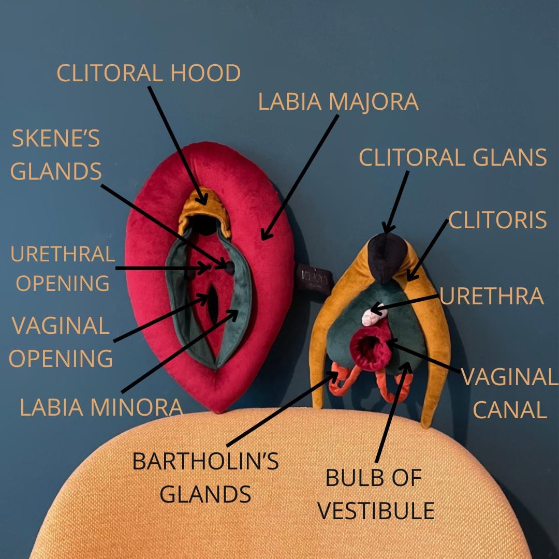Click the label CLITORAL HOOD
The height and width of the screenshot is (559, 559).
pyautogui.click(x=149, y=73)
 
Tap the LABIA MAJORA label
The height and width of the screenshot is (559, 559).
pyautogui.click(x=338, y=101)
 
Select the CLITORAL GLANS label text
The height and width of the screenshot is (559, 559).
pyautogui.click(x=452, y=157)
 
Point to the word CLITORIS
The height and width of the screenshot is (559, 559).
pyautogui.click(x=497, y=220)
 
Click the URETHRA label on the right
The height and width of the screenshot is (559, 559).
pyautogui.click(x=491, y=296)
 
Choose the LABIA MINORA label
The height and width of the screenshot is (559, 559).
pyautogui.click(x=101, y=407)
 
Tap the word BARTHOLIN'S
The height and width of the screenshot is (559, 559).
pyautogui.click(x=205, y=461)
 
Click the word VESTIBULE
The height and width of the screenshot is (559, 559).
pyautogui.click(x=376, y=510)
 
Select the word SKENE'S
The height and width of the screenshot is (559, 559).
pyautogui.click(x=56, y=138)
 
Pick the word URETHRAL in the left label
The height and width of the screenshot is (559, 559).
pyautogui.click(x=63, y=254)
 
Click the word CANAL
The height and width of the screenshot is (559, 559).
pyautogui.click(x=510, y=409)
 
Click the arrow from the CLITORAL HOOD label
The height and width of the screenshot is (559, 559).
pyautogui.click(x=178, y=145)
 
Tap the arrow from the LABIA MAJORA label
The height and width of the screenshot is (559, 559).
pyautogui.click(x=300, y=177)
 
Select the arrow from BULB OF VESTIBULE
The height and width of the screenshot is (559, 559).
pyautogui.click(x=393, y=412)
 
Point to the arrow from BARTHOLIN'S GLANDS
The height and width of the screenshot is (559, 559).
pyautogui.click(x=283, y=408)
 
